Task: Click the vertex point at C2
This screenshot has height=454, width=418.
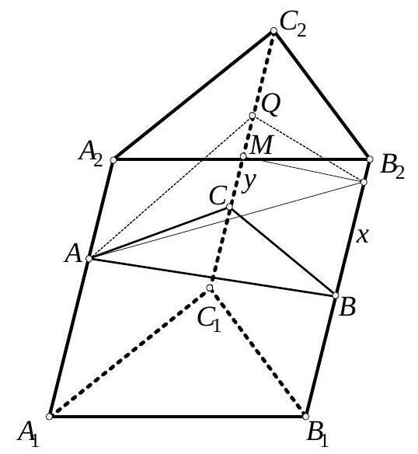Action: [x=273, y=31]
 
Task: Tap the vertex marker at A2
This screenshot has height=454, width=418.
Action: [x=113, y=160]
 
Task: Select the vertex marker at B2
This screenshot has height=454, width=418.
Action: [x=370, y=159]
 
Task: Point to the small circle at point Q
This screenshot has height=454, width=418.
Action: [x=253, y=116]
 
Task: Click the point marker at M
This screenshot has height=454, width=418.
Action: [x=243, y=156]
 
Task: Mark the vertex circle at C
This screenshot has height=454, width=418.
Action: [x=229, y=207]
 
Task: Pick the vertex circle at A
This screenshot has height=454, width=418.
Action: [x=89, y=259]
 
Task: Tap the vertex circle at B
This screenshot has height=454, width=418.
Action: [x=336, y=295]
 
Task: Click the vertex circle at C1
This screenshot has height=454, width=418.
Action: [x=210, y=288]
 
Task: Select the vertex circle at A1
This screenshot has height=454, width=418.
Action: [x=50, y=417]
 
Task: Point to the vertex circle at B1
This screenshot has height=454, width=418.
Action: [x=305, y=417]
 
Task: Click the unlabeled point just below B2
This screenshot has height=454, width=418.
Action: [x=364, y=182]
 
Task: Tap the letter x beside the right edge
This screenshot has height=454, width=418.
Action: [x=362, y=236]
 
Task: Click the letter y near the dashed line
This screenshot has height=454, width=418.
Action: [x=249, y=183]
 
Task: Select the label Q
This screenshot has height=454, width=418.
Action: [x=271, y=105]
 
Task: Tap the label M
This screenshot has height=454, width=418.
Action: [x=261, y=145]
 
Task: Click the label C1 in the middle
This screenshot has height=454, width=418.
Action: [x=209, y=320]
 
